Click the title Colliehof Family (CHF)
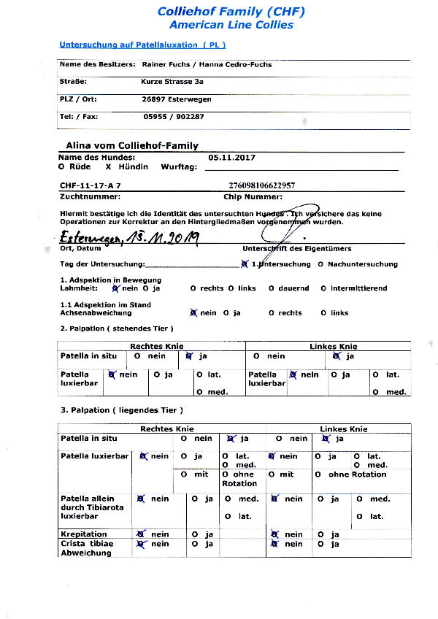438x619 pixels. (231, 11)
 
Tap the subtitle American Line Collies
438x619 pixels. (231, 25)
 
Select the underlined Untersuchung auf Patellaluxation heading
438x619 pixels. (142, 45)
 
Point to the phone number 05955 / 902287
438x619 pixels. (174, 117)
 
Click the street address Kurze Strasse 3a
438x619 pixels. (172, 82)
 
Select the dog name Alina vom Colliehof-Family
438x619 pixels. (132, 145)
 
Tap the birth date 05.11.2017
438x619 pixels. (231, 157)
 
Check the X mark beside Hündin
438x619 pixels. (108, 167)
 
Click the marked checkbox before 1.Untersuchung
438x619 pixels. (244, 264)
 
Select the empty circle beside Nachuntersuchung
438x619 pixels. (321, 264)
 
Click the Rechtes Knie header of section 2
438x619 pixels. (156, 346)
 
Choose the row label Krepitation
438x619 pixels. (83, 534)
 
